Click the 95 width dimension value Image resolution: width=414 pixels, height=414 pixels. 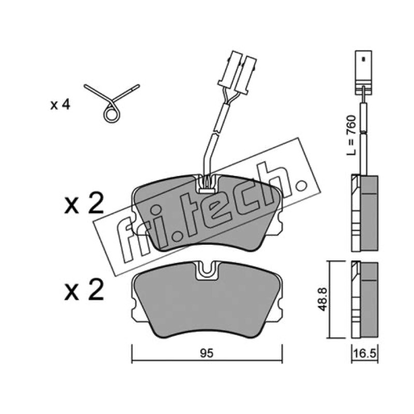pyautogui.click(x=206, y=353)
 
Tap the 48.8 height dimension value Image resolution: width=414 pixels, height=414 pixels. pyautogui.click(x=323, y=299)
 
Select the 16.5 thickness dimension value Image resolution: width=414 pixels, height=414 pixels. pyautogui.click(x=364, y=353)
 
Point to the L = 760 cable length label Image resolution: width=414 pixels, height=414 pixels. pyautogui.click(x=351, y=135)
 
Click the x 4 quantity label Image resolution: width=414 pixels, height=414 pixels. pyautogui.click(x=60, y=105)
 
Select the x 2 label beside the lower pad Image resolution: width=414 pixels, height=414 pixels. pyautogui.click(x=84, y=290)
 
